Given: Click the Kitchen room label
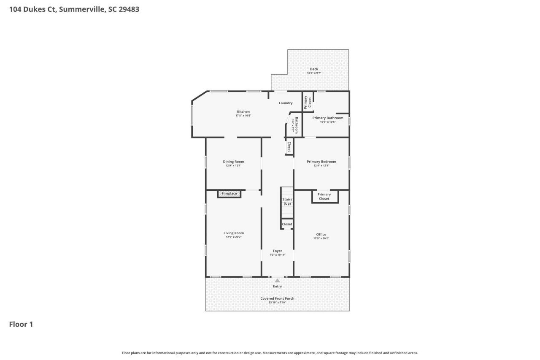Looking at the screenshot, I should tap(243, 111).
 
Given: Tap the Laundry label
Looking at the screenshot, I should tap(286, 103).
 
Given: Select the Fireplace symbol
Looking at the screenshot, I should tap(229, 194).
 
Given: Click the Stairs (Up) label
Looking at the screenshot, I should tap(287, 201).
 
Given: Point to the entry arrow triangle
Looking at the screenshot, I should tap(277, 280).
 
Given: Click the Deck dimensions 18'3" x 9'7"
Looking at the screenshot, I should tap(314, 73).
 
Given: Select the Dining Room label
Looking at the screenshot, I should tap(233, 162).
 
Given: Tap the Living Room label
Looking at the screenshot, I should tap(233, 233).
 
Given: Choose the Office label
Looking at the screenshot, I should tap(321, 234).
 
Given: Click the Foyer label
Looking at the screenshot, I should tap(277, 251).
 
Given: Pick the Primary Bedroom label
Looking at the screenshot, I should tap(321, 162).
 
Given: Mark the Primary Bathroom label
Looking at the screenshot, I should tap(328, 118).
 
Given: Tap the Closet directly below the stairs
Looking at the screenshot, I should tap(287, 224).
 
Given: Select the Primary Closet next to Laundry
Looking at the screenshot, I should tap(308, 102).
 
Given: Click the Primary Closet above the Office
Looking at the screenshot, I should tap(324, 197).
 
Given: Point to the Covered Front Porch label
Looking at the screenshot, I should tap(277, 298).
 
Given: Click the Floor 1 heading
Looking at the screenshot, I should tap(21, 324).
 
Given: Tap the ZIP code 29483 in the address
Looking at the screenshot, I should tap(129, 9).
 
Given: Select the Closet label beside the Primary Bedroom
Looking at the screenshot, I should tap(289, 147).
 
